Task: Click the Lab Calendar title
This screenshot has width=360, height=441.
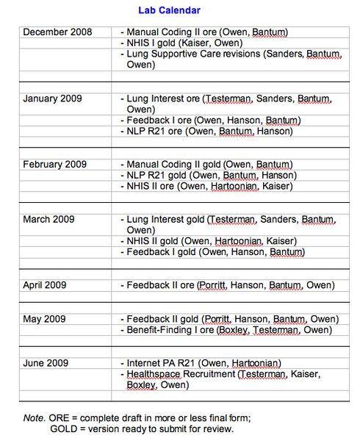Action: click(169, 10)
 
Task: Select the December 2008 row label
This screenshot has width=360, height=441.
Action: click(58, 32)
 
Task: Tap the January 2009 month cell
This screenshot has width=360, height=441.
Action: click(52, 98)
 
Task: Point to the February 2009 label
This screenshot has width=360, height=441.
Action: click(54, 164)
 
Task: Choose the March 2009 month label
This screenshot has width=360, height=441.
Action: click(48, 219)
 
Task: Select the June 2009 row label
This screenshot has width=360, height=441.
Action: click(46, 363)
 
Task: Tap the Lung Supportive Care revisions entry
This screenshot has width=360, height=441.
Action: click(227, 54)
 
